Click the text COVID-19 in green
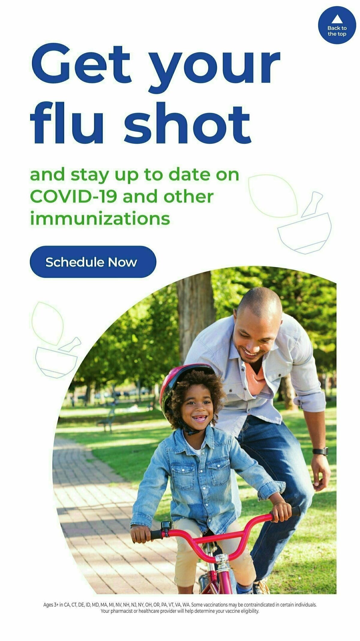click(x=73, y=197)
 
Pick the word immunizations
click(x=100, y=219)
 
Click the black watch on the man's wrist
click(x=320, y=451)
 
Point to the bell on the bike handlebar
click(x=166, y=526)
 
